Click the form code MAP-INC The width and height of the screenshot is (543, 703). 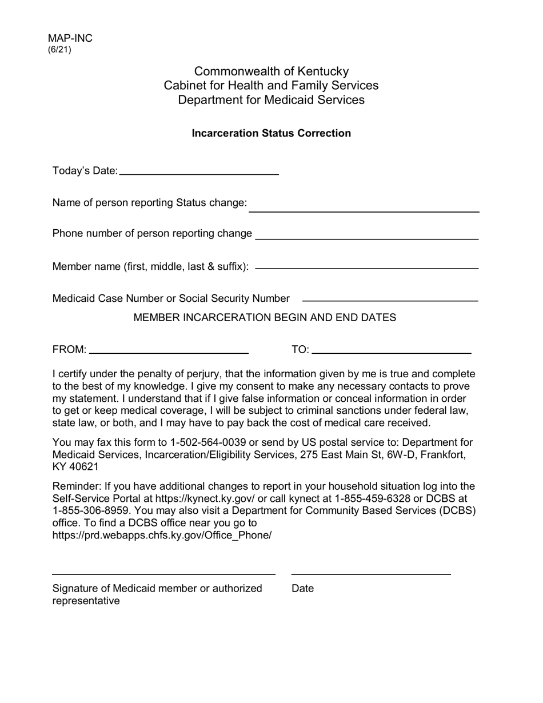[70, 38]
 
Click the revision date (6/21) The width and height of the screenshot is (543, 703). [59, 50]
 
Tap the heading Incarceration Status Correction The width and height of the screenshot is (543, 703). [271, 133]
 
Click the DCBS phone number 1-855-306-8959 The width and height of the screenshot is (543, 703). [91, 510]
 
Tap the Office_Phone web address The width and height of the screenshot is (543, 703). [162, 536]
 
